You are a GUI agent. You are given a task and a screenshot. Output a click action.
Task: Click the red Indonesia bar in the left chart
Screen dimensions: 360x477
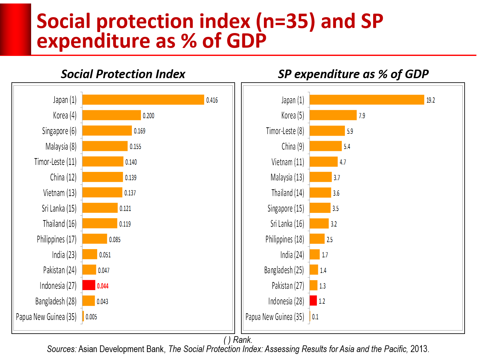coord(89,285)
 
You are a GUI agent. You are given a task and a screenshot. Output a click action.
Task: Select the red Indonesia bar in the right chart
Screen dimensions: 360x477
coord(313,301)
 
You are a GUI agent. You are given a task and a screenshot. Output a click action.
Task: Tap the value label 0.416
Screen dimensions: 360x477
coord(212,100)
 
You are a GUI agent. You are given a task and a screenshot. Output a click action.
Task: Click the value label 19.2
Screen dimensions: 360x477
coord(430,100)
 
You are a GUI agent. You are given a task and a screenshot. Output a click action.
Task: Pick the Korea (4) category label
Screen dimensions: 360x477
coord(64,115)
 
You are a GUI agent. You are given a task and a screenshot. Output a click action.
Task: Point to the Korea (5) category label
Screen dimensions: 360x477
coord(292,115)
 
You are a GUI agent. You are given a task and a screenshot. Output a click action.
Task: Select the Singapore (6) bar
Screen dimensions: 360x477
coord(107,131)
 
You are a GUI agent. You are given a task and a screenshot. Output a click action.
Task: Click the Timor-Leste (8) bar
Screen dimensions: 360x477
coord(327,131)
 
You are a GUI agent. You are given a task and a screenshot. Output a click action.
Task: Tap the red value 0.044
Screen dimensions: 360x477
coord(103,286)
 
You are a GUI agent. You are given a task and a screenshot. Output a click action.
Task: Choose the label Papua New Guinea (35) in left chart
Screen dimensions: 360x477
coord(46,317)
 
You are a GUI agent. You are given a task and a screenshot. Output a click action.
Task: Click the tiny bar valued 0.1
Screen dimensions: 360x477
coord(310,317)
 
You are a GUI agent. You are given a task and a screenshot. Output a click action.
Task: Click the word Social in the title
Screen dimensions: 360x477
coord(64,21)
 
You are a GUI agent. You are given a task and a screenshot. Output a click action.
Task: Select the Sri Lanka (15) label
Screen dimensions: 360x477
coord(59,208)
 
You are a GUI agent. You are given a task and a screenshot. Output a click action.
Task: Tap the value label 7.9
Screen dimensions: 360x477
coord(362,116)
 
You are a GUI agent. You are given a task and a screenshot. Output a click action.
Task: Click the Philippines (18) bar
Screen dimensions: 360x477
coord(317,239)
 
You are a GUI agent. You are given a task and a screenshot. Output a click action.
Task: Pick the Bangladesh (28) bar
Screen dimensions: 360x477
coord(89,301)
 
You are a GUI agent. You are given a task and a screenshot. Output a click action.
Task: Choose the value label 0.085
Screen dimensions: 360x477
coord(115,240)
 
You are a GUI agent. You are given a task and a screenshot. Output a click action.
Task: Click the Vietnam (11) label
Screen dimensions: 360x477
coord(287,162)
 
